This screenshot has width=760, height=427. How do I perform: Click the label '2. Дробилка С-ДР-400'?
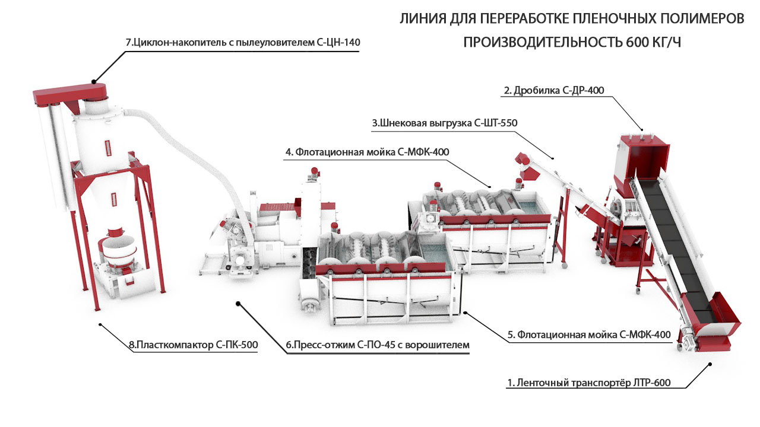coord(553,90)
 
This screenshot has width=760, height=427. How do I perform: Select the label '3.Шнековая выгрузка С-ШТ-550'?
coord(445,123)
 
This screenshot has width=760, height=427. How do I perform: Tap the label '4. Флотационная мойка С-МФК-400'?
coord(367,152)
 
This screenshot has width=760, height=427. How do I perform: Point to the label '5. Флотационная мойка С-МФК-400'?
coord(590,334)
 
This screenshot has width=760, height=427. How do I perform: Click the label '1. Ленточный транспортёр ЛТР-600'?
coord(588,383)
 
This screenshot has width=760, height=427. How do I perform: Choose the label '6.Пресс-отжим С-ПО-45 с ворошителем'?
coord(377,345)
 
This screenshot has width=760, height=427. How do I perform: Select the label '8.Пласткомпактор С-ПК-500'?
coord(193,345)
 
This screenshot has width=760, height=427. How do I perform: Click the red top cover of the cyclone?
coord(69,93)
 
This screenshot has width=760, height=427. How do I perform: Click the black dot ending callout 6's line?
coord(238,304)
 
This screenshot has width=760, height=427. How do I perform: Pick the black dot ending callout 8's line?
coord(100,324)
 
